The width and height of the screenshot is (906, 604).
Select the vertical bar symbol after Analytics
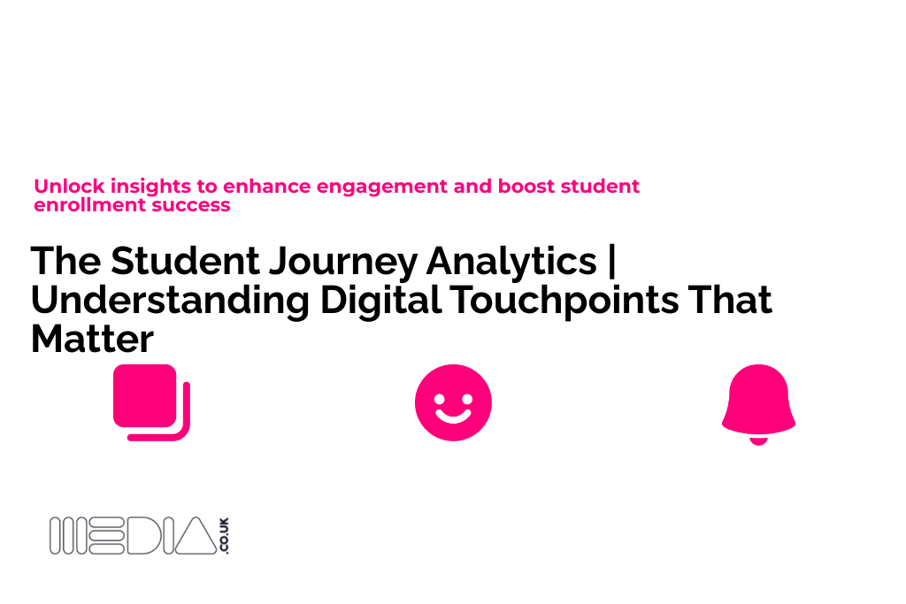tap(615, 262)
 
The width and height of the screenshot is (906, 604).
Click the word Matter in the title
tap(92, 340)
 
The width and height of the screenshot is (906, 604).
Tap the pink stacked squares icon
tap(151, 402)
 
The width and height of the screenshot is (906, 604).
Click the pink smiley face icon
tap(453, 402)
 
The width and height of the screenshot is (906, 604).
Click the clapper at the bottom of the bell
tap(758, 440)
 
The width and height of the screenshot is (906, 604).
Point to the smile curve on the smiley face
tap(453, 416)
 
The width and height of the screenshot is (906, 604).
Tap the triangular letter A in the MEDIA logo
tap(196, 537)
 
